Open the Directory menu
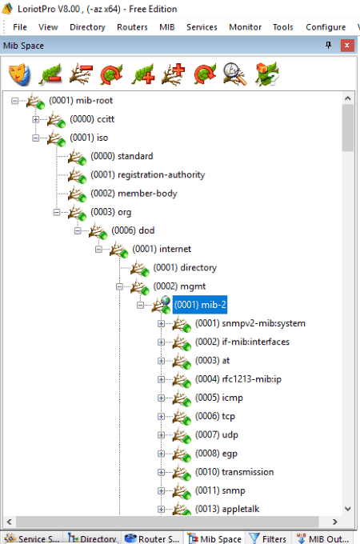(x=87, y=27)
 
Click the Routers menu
(x=132, y=27)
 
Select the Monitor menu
(x=246, y=27)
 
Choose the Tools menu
(x=283, y=27)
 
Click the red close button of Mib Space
(x=347, y=46)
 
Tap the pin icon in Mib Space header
(x=328, y=45)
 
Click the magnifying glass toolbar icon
(x=235, y=74)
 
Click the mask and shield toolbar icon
(x=20, y=74)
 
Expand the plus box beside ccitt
(x=35, y=119)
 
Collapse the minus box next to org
(x=57, y=212)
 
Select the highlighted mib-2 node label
(x=200, y=305)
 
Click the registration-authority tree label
(x=148, y=174)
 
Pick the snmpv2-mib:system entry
(x=250, y=323)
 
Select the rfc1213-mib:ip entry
(x=238, y=379)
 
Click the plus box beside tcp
(x=161, y=416)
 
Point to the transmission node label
(x=234, y=472)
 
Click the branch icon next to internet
(x=118, y=250)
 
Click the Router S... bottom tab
(x=152, y=538)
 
